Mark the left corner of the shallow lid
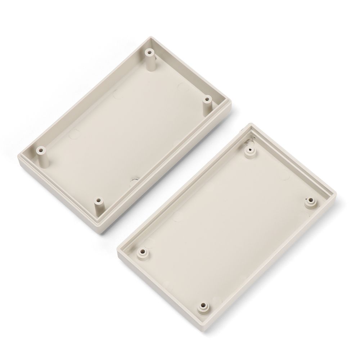point(118,248)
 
